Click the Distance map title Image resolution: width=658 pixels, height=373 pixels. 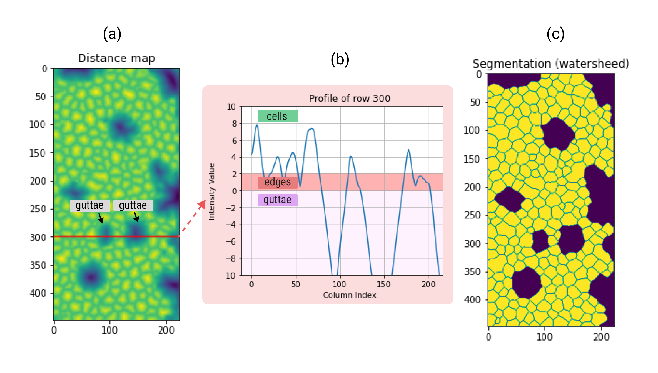[x=116, y=58]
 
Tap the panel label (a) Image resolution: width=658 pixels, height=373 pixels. [x=112, y=34]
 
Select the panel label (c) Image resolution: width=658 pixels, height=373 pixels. [x=555, y=34]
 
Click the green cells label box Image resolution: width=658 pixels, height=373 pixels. [x=278, y=116]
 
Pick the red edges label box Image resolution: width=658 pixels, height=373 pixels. [x=278, y=182]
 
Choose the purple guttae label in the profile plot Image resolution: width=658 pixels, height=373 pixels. [x=278, y=200]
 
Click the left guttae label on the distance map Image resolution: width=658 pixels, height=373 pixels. [x=90, y=205]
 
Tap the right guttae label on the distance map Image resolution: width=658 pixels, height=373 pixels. [x=133, y=205]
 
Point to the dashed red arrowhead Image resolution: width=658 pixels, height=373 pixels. [x=202, y=204]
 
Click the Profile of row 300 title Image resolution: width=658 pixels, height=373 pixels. [x=349, y=99]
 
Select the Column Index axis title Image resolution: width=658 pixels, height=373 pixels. [x=349, y=295]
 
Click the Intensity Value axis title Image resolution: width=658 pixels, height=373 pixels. [x=212, y=191]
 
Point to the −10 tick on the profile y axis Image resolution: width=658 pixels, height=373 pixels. [x=228, y=276]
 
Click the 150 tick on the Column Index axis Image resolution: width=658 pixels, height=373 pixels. [x=383, y=284]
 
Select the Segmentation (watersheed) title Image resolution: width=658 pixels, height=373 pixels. [x=551, y=64]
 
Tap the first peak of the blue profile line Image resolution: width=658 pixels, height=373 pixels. [x=257, y=125]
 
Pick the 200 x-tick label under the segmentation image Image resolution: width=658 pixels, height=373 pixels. [x=601, y=337]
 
